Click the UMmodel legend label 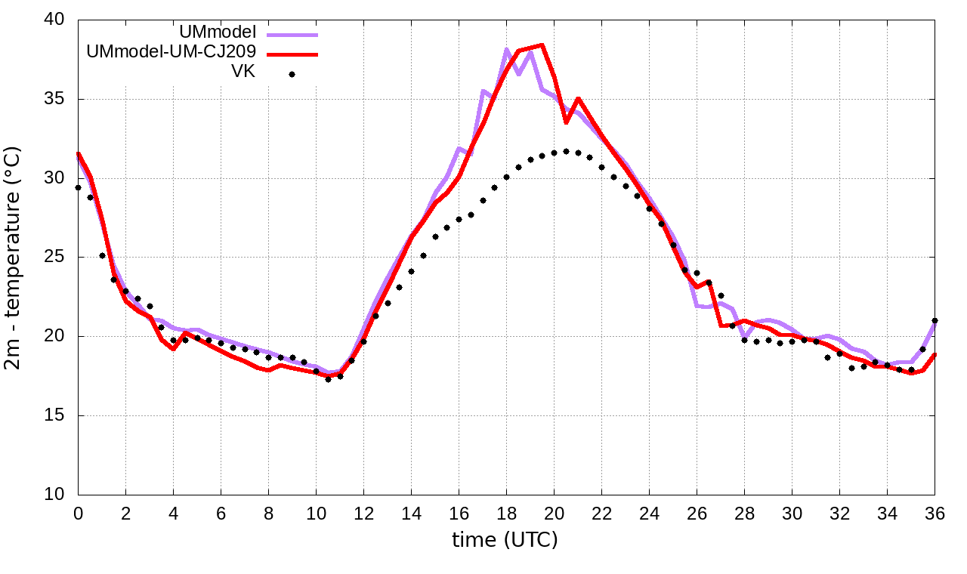pyautogui.click(x=218, y=32)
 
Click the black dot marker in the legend pyautogui.click(x=292, y=74)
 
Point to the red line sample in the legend pyautogui.click(x=292, y=54)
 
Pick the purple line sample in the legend pyautogui.click(x=292, y=34)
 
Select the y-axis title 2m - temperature pyautogui.click(x=14, y=257)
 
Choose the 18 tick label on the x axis pyautogui.click(x=506, y=512)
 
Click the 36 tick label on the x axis pyautogui.click(x=935, y=512)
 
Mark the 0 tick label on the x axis pyautogui.click(x=78, y=512)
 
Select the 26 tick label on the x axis pyautogui.click(x=697, y=512)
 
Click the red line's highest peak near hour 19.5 pyautogui.click(x=542, y=45)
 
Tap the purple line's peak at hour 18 pyautogui.click(x=507, y=50)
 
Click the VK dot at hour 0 pyautogui.click(x=78, y=187)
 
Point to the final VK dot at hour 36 pyautogui.click(x=935, y=320)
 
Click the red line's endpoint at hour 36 pyautogui.click(x=935, y=355)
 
